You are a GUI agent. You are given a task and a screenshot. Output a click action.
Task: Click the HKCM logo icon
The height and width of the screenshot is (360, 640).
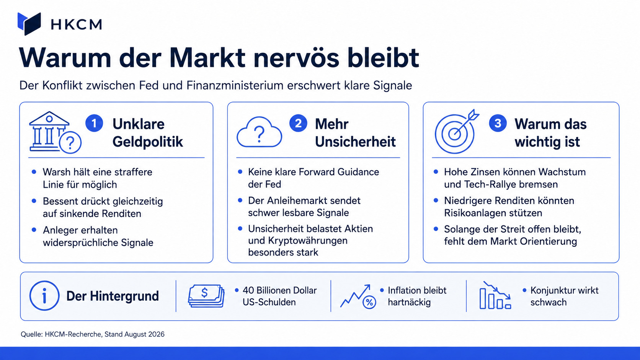29,24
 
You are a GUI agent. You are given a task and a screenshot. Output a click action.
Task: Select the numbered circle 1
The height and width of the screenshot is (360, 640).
94,123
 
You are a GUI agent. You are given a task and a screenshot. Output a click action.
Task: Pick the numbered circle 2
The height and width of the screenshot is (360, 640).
298,123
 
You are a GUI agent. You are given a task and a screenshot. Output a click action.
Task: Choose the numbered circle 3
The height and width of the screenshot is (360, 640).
498,123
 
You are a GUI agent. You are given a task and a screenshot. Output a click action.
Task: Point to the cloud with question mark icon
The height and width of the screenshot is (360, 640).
259,132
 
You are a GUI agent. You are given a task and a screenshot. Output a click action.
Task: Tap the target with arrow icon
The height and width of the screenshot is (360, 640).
456,131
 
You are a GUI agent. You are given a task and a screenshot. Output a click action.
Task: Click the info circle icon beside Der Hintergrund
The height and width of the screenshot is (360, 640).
44,296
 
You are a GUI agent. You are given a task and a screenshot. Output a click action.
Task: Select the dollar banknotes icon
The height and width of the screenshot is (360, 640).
206,296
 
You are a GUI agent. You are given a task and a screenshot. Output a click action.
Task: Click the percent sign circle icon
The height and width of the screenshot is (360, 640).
369,302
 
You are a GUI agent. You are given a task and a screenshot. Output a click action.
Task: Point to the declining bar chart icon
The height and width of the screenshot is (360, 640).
495,295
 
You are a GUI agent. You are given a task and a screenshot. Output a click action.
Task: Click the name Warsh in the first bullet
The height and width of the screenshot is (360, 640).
56,172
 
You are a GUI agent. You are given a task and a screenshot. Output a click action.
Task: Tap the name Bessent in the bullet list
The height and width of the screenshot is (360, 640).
60,201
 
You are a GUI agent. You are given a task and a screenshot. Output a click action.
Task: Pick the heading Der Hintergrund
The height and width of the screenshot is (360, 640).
113,296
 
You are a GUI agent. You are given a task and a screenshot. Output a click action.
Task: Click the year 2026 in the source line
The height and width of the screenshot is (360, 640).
156,334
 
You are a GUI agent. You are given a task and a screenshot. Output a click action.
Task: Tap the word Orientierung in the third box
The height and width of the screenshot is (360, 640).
548,241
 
